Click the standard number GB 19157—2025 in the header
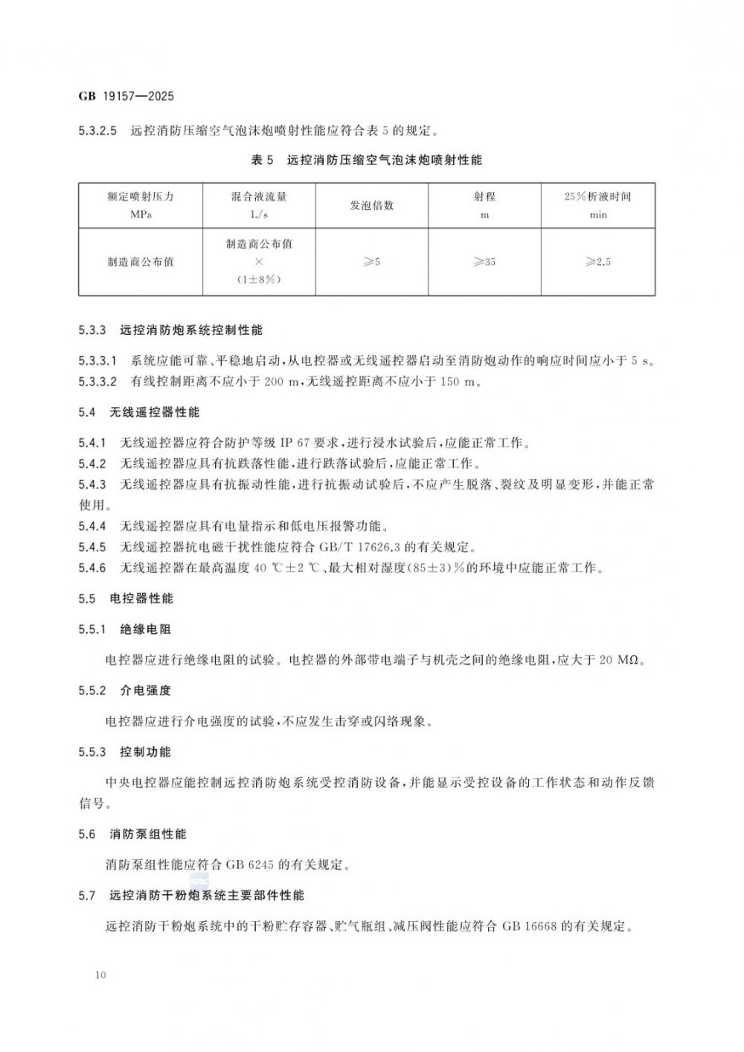(x=126, y=97)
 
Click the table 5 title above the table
(x=367, y=160)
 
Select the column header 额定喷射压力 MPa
(x=140, y=205)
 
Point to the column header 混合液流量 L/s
(x=259, y=205)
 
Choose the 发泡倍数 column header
(x=372, y=205)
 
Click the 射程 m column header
(x=484, y=205)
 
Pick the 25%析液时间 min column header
(x=597, y=205)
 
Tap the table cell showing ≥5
(x=372, y=262)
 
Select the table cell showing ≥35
(x=484, y=262)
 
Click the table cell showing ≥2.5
(x=597, y=262)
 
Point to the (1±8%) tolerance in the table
(x=259, y=280)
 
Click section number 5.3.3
(x=93, y=329)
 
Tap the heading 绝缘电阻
(x=145, y=629)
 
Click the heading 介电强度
(x=145, y=690)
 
